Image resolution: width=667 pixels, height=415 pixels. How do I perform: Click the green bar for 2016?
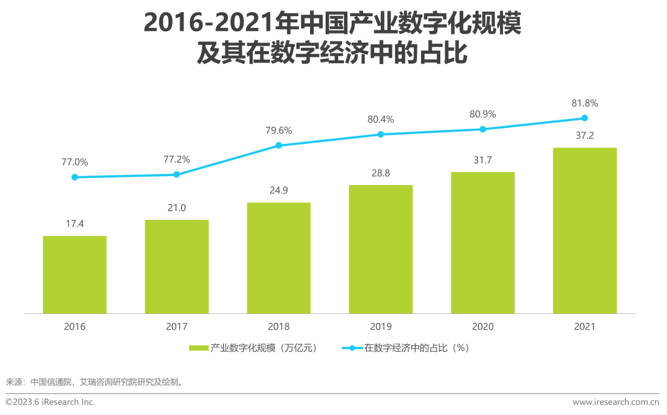point(75,275)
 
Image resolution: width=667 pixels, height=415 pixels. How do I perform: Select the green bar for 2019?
point(380,249)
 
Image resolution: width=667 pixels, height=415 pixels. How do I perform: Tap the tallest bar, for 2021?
point(584,230)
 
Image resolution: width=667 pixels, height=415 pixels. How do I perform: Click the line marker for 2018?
point(279,145)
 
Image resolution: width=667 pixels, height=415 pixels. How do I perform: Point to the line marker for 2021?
point(584,118)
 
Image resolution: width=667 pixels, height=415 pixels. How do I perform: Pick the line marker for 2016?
point(75,177)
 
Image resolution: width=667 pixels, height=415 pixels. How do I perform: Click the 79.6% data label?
point(279,130)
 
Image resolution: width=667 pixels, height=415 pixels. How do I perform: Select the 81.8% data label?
point(584,103)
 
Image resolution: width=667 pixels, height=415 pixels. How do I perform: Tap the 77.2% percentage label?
point(177,159)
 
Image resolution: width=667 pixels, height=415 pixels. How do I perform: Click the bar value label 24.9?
point(279,190)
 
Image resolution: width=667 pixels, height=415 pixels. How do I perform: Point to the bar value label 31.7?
point(483,160)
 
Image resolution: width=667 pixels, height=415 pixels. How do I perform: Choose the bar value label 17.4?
point(75,224)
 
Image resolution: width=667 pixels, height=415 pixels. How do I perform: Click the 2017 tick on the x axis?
point(177,327)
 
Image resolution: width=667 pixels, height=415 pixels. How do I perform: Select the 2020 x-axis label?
point(483,327)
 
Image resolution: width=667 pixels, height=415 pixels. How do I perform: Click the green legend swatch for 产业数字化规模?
point(199,348)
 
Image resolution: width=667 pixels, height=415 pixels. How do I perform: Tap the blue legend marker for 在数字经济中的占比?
point(352,348)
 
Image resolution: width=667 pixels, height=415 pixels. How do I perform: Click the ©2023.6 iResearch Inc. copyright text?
point(51,402)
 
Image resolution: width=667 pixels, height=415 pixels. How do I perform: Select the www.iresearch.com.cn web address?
point(616,402)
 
